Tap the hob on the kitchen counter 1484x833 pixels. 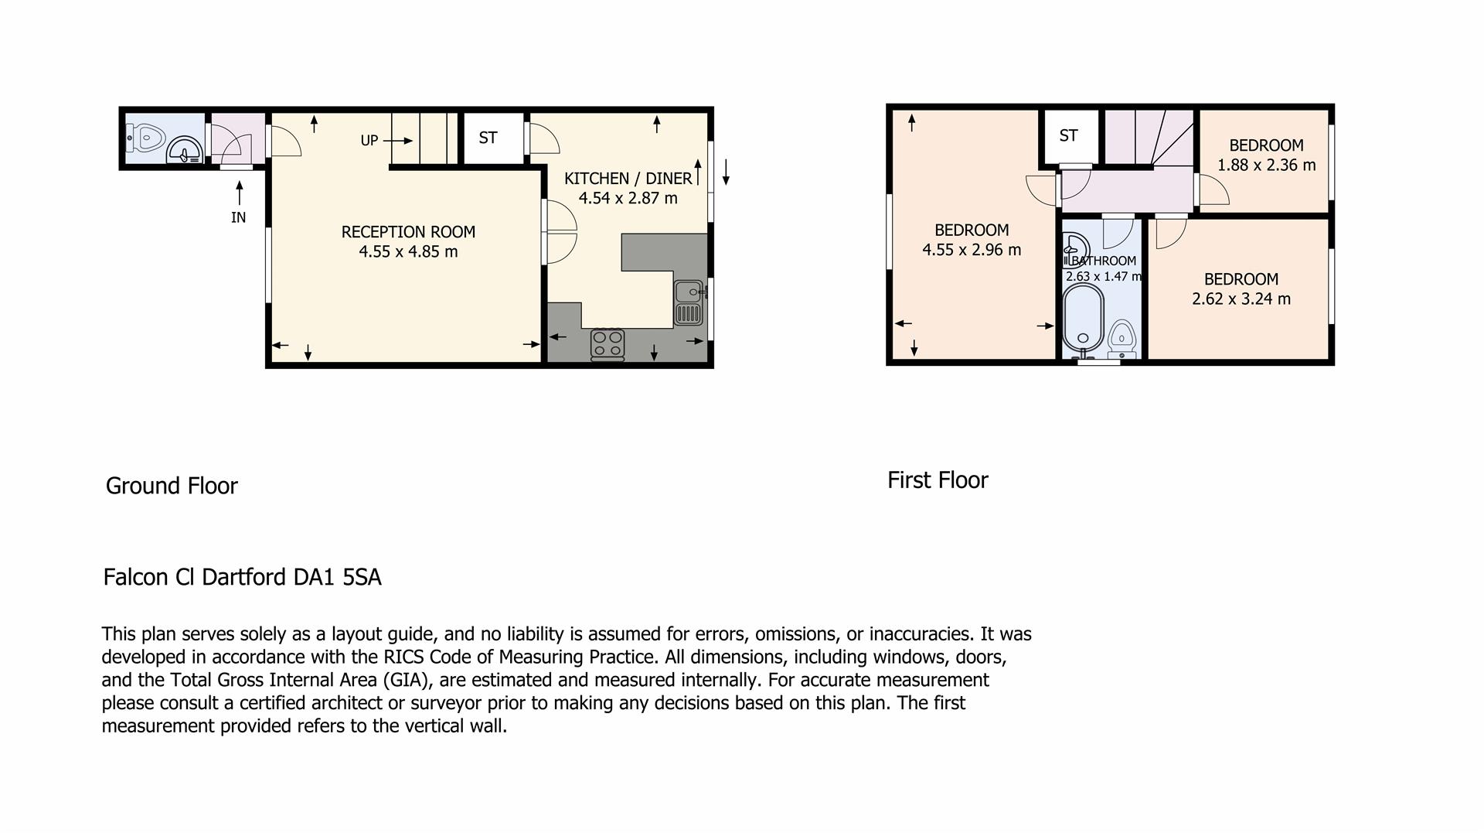pos(608,344)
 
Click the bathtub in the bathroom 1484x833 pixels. pos(1082,318)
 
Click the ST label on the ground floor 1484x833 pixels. pos(488,138)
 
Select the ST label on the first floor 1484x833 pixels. pos(1068,136)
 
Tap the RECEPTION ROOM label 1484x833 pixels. pos(408,232)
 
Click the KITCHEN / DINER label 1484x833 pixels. pos(628,179)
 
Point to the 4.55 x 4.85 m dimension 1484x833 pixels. pos(408,251)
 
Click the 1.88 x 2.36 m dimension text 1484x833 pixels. pos(1266,165)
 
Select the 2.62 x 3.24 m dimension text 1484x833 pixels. pos(1241,299)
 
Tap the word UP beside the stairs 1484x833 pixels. pos(369,141)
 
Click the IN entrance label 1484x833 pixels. pos(238,218)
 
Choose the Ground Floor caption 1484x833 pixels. pos(172,486)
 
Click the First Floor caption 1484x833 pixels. pos(938,480)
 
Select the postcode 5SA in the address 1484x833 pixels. pos(362,578)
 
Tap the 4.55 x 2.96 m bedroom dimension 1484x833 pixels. pos(972,250)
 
